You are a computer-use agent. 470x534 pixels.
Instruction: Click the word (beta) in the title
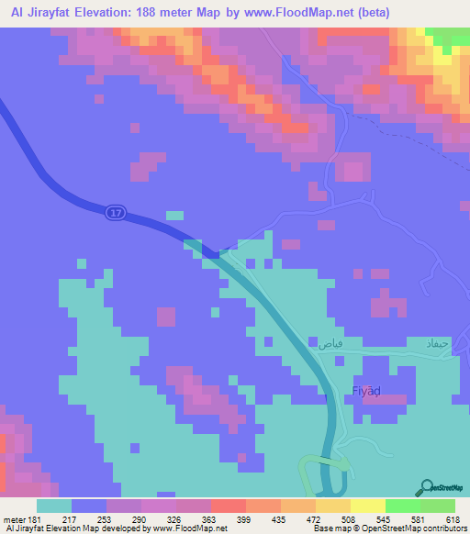click(370, 13)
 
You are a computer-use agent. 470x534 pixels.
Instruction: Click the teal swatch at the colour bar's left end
click(54, 506)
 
